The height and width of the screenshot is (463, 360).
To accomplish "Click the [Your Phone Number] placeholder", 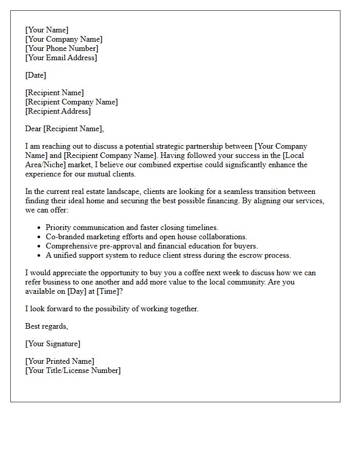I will [x=62, y=48].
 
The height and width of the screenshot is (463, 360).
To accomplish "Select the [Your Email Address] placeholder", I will [x=61, y=58].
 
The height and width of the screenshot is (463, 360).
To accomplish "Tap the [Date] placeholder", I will [x=35, y=75].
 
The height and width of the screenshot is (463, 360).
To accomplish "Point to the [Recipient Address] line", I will [x=58, y=111].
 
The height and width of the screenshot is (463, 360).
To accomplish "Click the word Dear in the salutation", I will [x=33, y=129].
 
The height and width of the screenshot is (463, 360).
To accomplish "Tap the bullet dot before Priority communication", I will [x=40, y=227].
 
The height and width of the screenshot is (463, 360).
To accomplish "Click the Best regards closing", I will [x=46, y=326].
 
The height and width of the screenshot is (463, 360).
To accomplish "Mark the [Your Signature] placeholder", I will [x=52, y=344].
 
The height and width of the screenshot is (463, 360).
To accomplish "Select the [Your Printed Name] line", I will [x=60, y=361].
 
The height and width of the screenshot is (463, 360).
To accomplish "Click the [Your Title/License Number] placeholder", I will [x=73, y=370].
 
